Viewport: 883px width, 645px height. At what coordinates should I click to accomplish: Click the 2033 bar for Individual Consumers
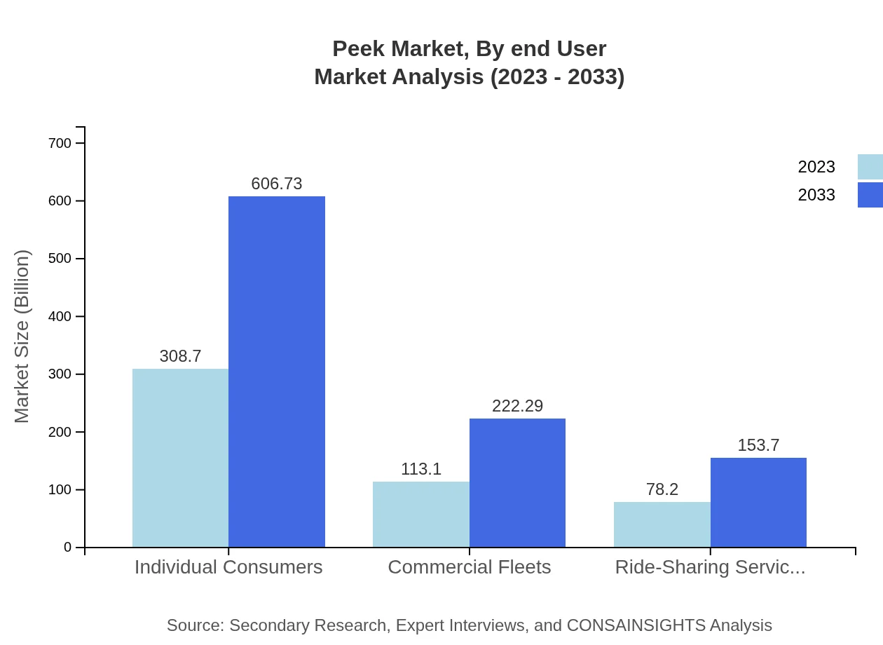277,372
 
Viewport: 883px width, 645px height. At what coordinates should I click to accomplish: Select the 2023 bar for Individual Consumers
180,458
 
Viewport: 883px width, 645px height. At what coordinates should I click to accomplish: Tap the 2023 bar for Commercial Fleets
420,514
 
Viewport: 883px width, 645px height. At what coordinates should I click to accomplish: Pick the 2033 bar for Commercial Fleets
517,482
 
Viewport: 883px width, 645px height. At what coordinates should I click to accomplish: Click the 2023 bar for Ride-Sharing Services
662,524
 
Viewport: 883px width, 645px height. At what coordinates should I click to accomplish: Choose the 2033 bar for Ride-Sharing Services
758,502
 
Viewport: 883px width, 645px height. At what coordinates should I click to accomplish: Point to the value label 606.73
277,184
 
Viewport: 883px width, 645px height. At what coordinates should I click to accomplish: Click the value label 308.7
180,356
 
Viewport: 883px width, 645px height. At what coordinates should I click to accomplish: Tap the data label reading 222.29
517,406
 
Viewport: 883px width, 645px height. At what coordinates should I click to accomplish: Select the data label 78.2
662,489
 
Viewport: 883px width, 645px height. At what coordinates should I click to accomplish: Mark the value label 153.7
758,445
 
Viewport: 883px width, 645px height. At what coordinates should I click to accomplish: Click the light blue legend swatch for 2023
870,167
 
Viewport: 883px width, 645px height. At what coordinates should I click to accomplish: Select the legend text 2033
816,195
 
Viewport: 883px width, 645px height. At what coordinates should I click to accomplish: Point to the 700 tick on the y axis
60,143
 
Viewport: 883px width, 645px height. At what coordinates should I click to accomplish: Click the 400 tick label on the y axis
60,316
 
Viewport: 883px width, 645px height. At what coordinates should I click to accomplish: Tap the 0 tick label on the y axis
68,547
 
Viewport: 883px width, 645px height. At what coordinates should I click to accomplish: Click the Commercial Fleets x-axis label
469,567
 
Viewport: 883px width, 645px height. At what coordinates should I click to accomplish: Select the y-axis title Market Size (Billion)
22,337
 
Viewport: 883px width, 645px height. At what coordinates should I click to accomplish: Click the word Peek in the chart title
358,49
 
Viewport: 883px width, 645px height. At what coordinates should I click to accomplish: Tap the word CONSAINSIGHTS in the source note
636,625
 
